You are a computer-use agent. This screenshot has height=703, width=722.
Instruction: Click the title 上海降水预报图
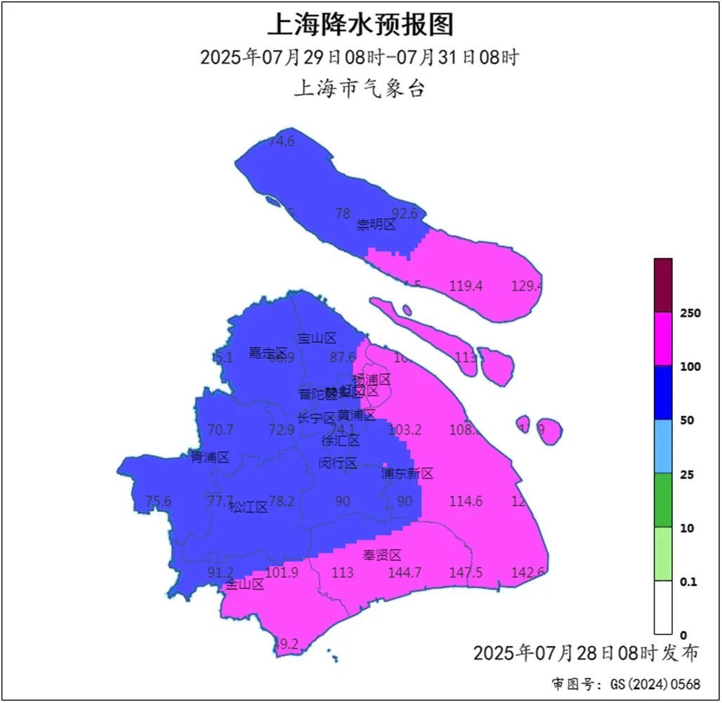(360, 25)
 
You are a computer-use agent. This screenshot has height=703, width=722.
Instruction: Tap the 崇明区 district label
(376, 225)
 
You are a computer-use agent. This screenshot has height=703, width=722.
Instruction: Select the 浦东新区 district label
(407, 474)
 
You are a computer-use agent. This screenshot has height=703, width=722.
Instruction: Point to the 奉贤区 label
(382, 556)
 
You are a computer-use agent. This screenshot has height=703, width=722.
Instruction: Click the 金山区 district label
(244, 584)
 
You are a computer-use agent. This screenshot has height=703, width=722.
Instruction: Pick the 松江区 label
(249, 507)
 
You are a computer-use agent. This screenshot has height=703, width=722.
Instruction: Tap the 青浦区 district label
(210, 458)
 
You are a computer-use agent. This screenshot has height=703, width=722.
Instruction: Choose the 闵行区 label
(338, 463)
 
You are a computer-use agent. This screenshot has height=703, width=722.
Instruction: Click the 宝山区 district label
(317, 339)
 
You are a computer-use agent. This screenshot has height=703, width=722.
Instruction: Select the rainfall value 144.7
(405, 573)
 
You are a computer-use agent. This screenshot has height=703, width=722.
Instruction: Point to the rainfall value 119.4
(466, 286)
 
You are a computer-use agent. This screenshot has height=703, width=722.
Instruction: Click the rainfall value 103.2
(405, 430)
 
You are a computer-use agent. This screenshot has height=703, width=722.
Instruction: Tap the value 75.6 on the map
(158, 501)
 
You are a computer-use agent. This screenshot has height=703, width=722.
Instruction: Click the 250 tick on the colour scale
(690, 313)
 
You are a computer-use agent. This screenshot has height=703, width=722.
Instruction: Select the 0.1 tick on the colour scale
(688, 582)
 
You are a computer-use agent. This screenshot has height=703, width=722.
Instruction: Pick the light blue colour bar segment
(663, 447)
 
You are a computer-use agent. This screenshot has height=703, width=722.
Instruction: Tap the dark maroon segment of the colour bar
(663, 285)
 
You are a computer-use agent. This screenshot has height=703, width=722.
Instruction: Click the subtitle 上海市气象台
(360, 89)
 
